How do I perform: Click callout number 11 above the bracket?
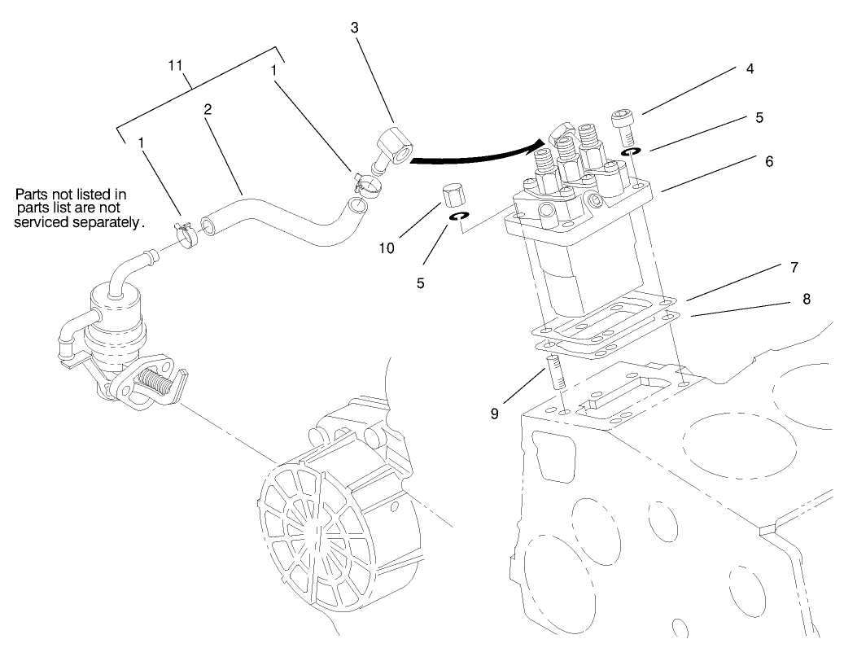tap(175, 64)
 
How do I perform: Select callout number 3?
tap(354, 28)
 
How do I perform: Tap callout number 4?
tap(749, 69)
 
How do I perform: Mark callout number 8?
tap(806, 299)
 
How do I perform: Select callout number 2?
tap(209, 109)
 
